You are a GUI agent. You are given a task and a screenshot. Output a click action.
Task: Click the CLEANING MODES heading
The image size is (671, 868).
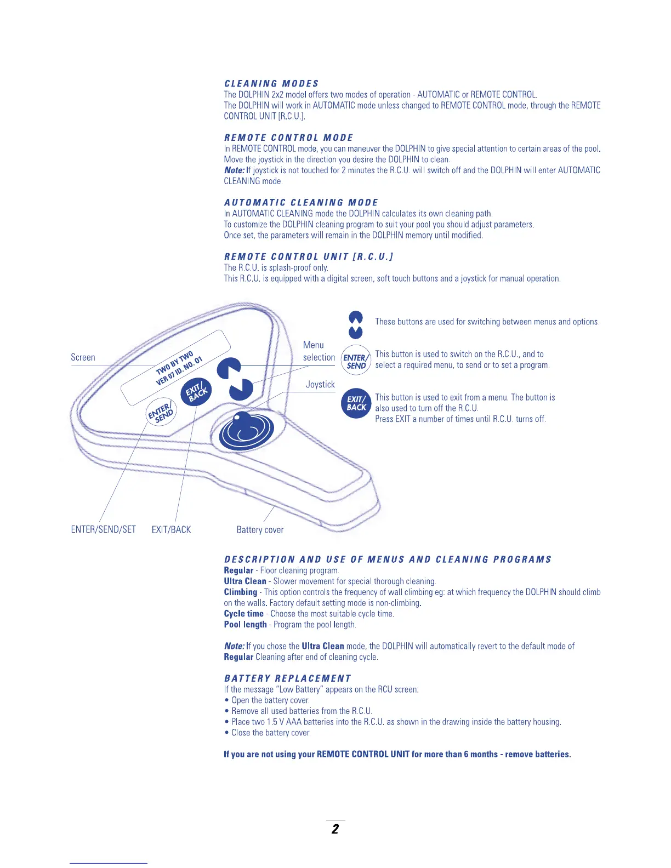pyautogui.click(x=271, y=83)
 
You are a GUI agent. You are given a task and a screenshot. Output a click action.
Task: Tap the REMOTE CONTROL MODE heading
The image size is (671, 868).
pyautogui.click(x=288, y=138)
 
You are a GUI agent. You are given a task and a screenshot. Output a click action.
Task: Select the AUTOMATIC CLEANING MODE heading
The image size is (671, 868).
pyautogui.click(x=301, y=202)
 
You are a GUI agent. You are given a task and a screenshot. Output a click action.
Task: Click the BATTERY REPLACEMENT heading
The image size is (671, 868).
pyautogui.click(x=287, y=678)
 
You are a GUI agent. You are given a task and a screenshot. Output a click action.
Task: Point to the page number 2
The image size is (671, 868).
pyautogui.click(x=335, y=829)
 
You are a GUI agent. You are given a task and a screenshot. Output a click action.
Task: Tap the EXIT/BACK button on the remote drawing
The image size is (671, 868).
pyautogui.click(x=196, y=392)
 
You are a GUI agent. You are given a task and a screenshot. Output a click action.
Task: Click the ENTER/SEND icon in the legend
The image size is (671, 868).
pyautogui.click(x=356, y=361)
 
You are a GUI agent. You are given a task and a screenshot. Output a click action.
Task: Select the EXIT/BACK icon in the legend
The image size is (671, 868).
pyautogui.click(x=356, y=403)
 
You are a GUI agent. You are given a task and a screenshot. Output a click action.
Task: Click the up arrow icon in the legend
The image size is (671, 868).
pyautogui.click(x=356, y=318)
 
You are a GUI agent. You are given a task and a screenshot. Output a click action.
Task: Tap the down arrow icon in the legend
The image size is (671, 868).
pyautogui.click(x=356, y=332)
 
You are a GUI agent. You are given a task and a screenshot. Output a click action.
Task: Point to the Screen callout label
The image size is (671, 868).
pyautogui.click(x=83, y=357)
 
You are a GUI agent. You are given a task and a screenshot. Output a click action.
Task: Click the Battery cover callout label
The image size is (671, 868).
pyautogui.click(x=260, y=530)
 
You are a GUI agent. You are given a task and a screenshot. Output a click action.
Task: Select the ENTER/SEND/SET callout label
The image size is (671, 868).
pyautogui.click(x=103, y=529)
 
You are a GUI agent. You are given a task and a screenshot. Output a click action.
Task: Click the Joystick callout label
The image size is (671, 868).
pyautogui.click(x=320, y=385)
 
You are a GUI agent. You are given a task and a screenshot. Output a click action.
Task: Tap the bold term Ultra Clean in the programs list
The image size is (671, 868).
pyautogui.click(x=245, y=581)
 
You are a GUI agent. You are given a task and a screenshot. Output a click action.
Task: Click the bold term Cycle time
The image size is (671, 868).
pyautogui.click(x=243, y=614)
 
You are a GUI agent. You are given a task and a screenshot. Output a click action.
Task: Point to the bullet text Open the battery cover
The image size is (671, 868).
pyautogui.click(x=270, y=700)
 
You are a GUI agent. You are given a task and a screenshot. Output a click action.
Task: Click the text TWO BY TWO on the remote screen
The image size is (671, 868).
pyautogui.click(x=174, y=362)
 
